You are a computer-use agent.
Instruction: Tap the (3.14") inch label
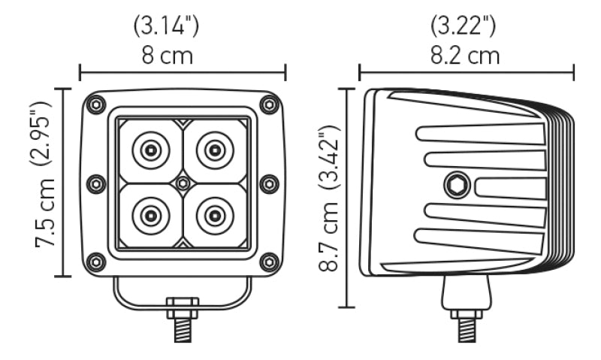pos(166,25)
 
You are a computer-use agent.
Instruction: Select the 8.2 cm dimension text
pos(465,56)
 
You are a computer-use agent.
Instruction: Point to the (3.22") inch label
pos(464,25)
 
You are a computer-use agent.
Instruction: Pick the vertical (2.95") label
pos(47,132)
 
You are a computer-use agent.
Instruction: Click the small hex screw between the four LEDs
pos(183,183)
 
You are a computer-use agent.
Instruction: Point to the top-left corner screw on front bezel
pos(96,105)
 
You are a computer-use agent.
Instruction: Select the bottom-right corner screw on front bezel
pos(268,261)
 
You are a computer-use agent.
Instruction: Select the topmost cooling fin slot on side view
pos(481,134)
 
